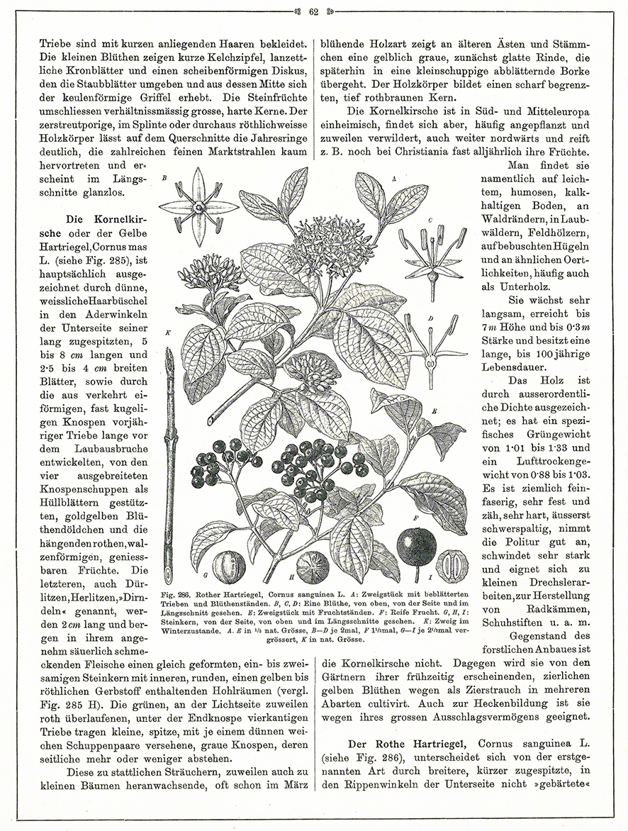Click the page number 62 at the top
click(x=314, y=10)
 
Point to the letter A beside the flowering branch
click(x=393, y=180)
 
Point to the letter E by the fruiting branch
click(x=434, y=411)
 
